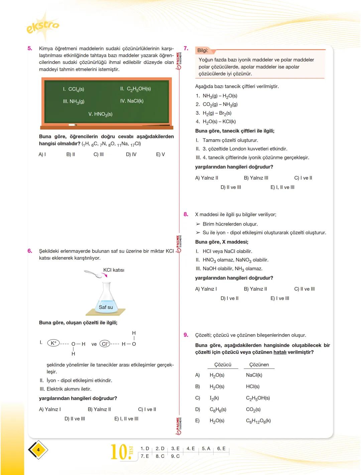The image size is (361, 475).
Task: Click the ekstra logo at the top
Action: pyautogui.click(x=42, y=26)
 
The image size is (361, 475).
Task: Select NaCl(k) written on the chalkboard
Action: pyautogui.click(x=132, y=101)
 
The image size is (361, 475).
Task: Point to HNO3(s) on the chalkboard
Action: pyautogui.click(x=100, y=114)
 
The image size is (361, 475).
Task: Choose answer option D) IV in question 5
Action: pyautogui.click(x=131, y=154)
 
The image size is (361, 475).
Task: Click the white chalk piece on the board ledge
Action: pyautogui.click(x=72, y=125)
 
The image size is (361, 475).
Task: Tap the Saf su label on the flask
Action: pyautogui.click(x=106, y=307)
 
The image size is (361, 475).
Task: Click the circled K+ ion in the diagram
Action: pyautogui.click(x=53, y=343)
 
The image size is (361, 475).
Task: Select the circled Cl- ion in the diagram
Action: pyautogui.click(x=105, y=344)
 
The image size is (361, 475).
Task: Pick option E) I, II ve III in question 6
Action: pyautogui.click(x=126, y=419)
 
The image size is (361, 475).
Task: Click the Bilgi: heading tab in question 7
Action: pyautogui.click(x=203, y=50)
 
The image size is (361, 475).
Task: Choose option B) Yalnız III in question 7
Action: pyautogui.click(x=256, y=178)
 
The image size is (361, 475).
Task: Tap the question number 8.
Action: pyautogui.click(x=186, y=214)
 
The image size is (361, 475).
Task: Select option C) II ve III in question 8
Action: pyautogui.click(x=304, y=289)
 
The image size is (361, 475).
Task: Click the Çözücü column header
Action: pyautogui.click(x=223, y=365)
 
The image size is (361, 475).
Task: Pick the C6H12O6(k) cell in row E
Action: pyautogui.click(x=258, y=421)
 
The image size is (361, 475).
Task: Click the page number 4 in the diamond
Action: pyautogui.click(x=38, y=450)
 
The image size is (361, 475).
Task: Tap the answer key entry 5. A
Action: pyautogui.click(x=206, y=449)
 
